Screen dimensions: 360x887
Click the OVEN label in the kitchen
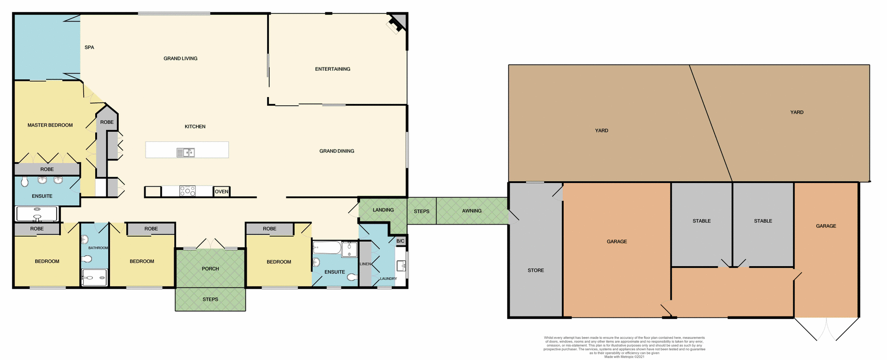point(221,191)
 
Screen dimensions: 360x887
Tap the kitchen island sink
point(186,153)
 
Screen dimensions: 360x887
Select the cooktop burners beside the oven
point(188,191)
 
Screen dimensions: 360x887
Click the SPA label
point(89,48)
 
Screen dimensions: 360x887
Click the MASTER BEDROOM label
point(50,125)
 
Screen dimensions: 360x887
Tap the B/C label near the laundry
point(401,241)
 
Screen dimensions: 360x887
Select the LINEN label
point(365,264)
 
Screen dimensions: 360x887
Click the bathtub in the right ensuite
point(326,249)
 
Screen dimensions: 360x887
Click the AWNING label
point(472,211)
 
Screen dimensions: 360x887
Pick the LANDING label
point(383,210)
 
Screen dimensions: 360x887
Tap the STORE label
point(535,270)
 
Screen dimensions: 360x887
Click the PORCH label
point(210,268)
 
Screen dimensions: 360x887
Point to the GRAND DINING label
point(337,151)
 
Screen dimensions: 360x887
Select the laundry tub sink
point(401,266)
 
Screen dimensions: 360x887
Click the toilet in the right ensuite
point(352,277)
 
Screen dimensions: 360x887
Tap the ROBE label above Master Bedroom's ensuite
point(47,170)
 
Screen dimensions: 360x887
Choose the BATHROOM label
point(98,248)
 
